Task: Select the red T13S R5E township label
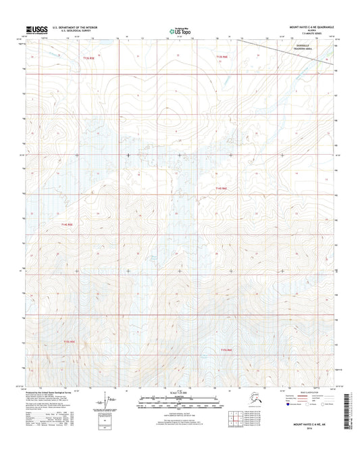click(89, 59)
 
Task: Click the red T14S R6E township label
click(222, 188)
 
